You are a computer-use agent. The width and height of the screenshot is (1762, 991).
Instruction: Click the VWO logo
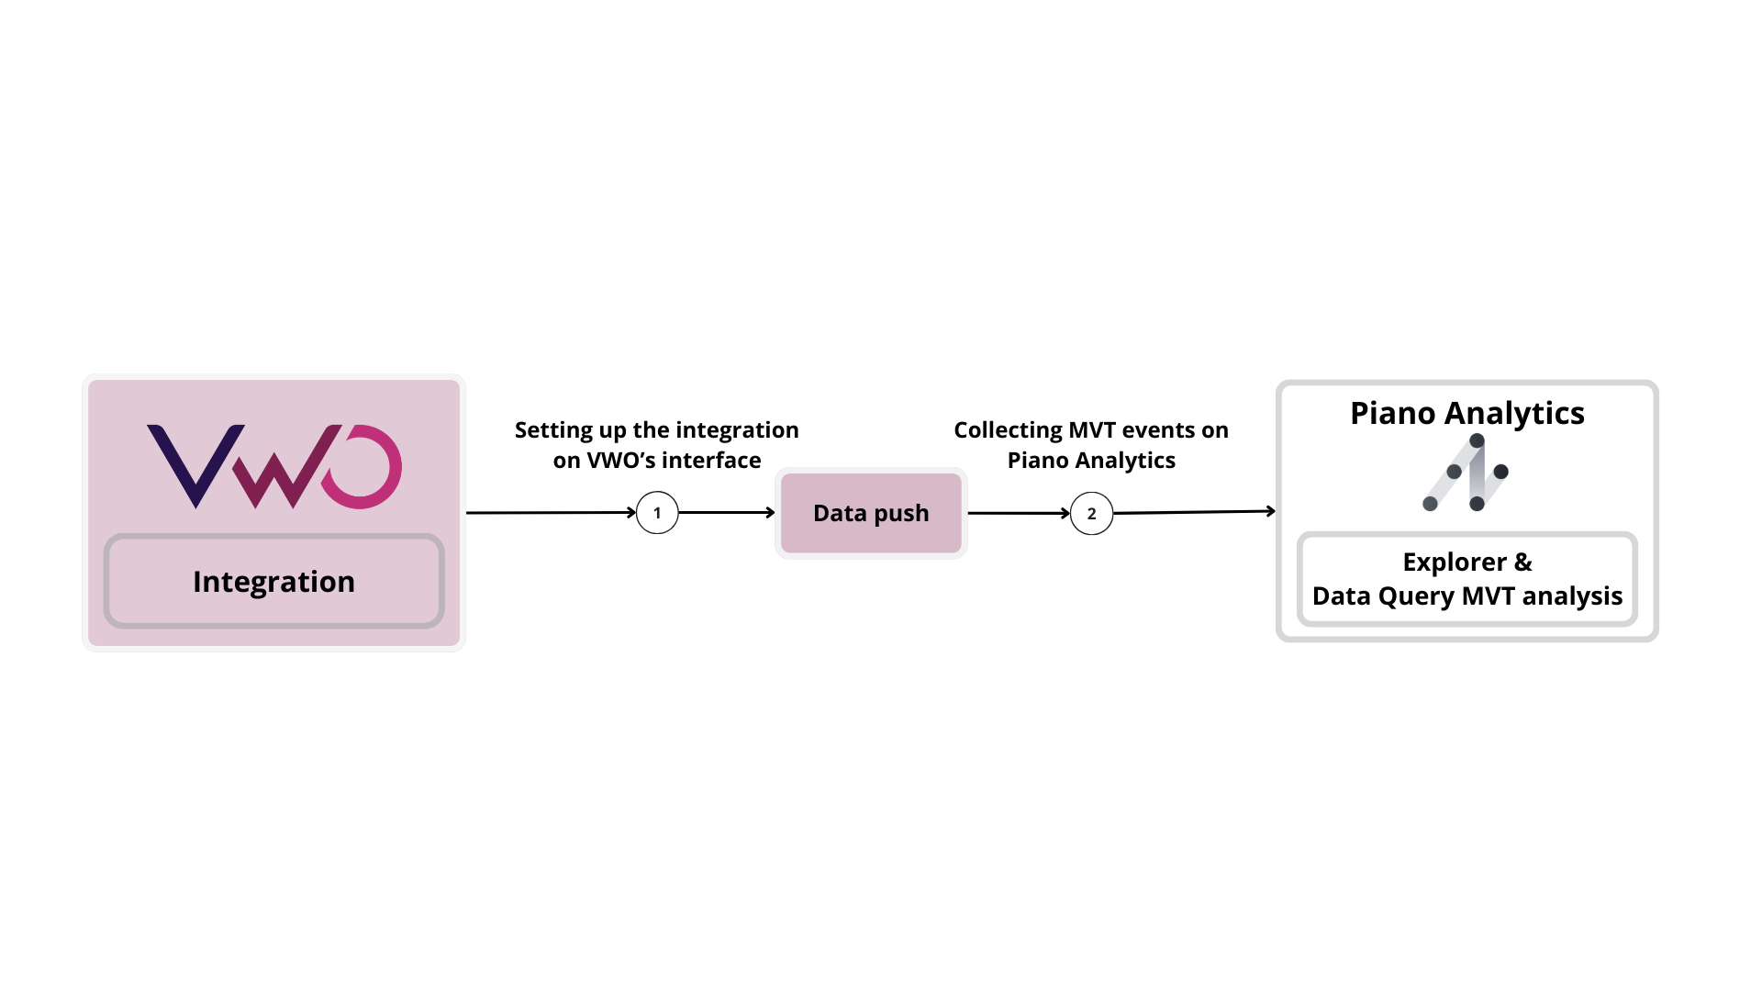(x=273, y=465)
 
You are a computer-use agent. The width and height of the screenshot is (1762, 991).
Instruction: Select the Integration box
(x=273, y=581)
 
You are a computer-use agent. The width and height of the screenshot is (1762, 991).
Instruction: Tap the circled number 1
(x=657, y=513)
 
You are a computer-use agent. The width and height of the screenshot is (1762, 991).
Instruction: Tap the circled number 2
(x=1091, y=514)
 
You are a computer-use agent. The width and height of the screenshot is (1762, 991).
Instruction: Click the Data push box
(x=871, y=513)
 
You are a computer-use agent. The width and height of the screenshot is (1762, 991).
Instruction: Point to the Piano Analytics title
(x=1466, y=413)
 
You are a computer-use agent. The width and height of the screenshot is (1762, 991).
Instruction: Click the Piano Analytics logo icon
(x=1466, y=473)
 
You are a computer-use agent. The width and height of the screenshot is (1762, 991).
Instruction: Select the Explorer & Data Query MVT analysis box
(x=1466, y=579)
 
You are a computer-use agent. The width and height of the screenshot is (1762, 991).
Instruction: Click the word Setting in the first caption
(x=553, y=430)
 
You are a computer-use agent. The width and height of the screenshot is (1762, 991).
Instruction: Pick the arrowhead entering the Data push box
(x=771, y=513)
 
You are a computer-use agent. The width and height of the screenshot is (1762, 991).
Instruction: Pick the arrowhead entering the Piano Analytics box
(x=1271, y=511)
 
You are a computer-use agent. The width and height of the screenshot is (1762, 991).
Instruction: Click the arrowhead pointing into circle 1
(x=631, y=513)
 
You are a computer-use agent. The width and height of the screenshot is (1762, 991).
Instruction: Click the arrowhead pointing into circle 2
(x=1065, y=514)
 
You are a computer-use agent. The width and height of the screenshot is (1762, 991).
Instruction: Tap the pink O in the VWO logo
(x=362, y=466)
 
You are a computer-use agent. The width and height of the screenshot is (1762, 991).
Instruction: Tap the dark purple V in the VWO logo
(x=195, y=463)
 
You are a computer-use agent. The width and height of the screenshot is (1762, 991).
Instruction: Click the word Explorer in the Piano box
(x=1455, y=562)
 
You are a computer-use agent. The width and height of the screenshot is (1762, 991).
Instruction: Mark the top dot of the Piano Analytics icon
(x=1477, y=440)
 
